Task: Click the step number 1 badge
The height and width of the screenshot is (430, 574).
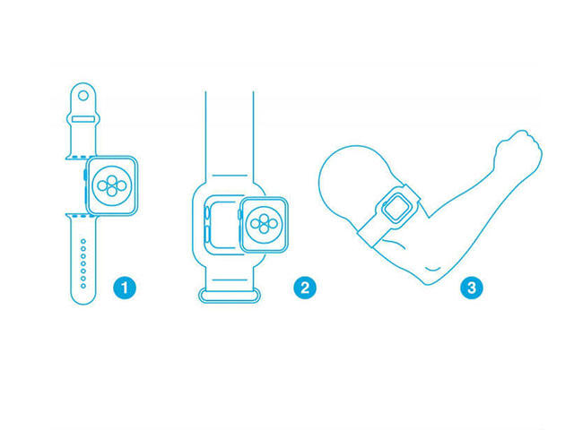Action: click(125, 288)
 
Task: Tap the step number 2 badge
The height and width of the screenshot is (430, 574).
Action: click(305, 288)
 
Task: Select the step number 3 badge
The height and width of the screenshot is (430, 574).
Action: click(472, 288)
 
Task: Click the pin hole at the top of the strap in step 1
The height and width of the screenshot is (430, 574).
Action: click(83, 96)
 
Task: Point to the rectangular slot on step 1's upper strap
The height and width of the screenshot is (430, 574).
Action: click(83, 119)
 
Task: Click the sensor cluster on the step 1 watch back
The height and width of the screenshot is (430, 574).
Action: click(112, 185)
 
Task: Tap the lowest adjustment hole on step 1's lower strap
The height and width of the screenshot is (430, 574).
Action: click(83, 286)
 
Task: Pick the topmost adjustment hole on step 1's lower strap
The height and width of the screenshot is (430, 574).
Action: click(83, 241)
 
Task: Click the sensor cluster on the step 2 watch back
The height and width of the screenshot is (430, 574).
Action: click(264, 224)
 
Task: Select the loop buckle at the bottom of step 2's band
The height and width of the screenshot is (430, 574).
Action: click(230, 296)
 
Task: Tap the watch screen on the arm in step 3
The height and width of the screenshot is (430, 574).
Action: click(396, 207)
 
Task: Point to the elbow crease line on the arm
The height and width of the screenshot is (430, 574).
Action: click(432, 270)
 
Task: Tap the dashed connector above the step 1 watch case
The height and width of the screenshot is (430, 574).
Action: click(82, 158)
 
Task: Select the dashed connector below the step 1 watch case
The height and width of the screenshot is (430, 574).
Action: click(82, 216)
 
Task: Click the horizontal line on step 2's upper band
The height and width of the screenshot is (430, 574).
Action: click(230, 176)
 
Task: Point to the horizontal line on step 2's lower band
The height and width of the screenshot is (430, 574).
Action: click(230, 280)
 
